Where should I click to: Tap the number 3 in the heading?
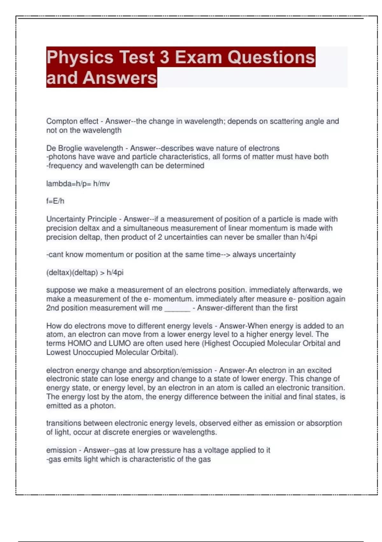pyautogui.click(x=164, y=57)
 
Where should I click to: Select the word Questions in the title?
pyautogui.click(x=271, y=57)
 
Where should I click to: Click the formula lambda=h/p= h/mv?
pyautogui.click(x=78, y=184)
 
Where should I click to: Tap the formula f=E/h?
pyautogui.click(x=55, y=201)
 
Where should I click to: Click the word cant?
pyautogui.click(x=56, y=254)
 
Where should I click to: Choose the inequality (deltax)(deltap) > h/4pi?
pyautogui.click(x=85, y=273)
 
